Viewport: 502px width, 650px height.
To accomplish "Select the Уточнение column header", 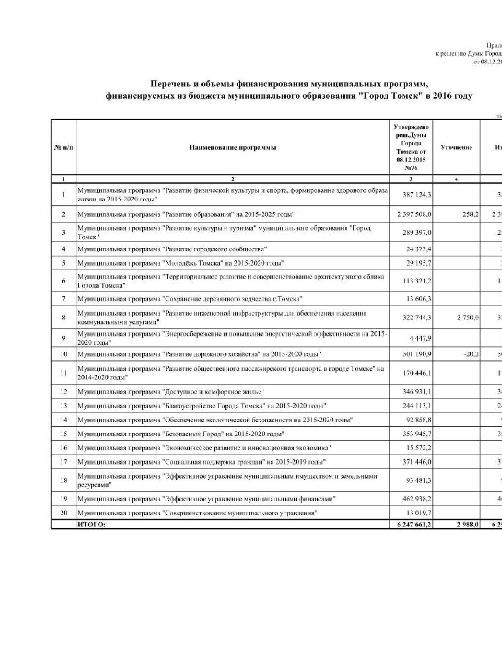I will coord(456,148).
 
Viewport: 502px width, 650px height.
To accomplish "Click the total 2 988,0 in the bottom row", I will coord(468,524).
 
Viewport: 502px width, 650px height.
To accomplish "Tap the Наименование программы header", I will coord(233,148).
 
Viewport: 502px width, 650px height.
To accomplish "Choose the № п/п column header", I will coord(63,148).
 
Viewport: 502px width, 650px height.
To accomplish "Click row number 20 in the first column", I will coord(63,513).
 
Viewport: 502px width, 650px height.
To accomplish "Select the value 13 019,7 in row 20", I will coord(419,513).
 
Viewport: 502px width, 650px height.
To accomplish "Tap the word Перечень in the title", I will coord(173,84).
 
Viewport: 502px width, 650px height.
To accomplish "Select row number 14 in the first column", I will coord(63,420).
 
